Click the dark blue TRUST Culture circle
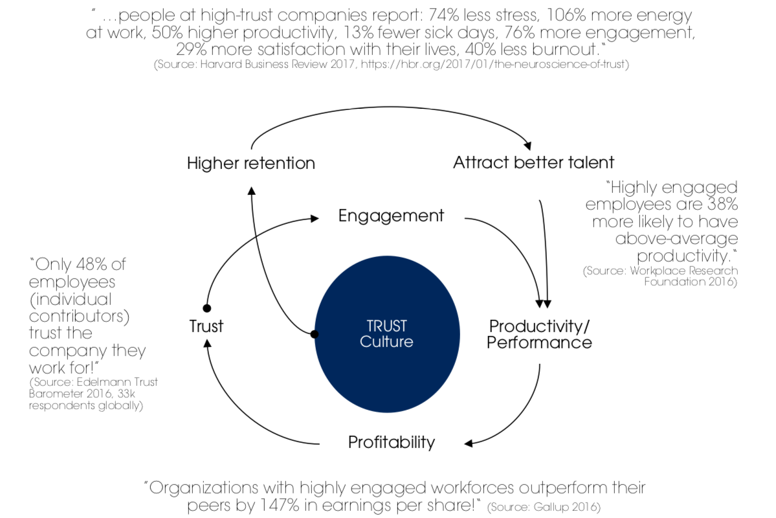[x=387, y=334]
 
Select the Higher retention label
[x=251, y=163]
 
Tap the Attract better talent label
[x=533, y=163]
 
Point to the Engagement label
[x=391, y=216]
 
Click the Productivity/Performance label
[x=539, y=334]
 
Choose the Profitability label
[x=392, y=442]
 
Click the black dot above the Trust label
[x=207, y=308]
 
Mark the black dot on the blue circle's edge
[x=315, y=334]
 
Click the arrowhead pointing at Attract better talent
[x=528, y=146]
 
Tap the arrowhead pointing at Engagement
[x=315, y=218]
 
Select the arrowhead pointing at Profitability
[x=469, y=444]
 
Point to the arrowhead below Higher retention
[x=251, y=190]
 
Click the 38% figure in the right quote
[x=722, y=204]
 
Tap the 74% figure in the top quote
[x=444, y=16]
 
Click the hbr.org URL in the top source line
[x=494, y=64]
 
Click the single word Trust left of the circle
[x=206, y=326]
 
